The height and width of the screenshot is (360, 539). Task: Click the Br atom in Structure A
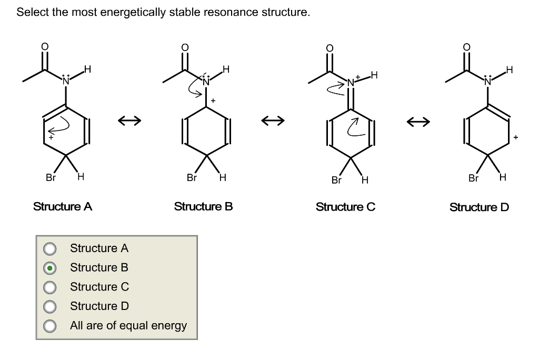tap(50, 177)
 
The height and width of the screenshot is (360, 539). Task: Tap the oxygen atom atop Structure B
tap(184, 47)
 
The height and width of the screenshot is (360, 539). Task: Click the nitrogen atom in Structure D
tap(487, 81)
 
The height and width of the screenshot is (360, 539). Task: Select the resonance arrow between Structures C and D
tap(418, 122)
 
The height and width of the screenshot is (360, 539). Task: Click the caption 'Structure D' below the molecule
tap(479, 207)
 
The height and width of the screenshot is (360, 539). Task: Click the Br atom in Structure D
tap(474, 178)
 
